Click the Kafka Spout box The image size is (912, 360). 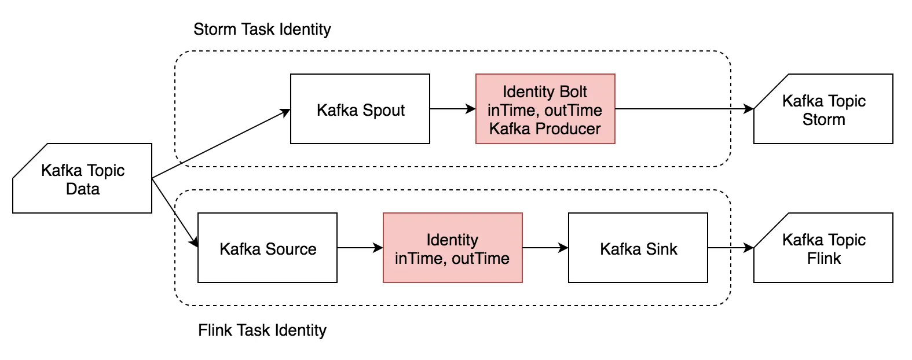tap(360, 109)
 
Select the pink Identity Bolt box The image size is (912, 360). tap(545, 109)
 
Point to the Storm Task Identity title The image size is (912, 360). tap(262, 29)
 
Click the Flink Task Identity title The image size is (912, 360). tap(262, 330)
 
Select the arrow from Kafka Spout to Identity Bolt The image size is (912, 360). tap(452, 109)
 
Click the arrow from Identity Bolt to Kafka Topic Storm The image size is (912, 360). tap(683, 109)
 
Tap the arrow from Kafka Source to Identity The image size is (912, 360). tap(359, 248)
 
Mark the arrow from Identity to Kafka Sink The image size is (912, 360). tap(544, 248)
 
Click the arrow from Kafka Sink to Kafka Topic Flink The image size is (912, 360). tap(730, 248)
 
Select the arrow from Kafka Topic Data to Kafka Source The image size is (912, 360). tap(175, 213)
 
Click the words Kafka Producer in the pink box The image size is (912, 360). tap(545, 128)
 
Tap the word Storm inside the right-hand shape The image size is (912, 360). tap(823, 119)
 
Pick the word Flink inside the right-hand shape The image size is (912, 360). tap(823, 258)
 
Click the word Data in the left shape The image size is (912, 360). tap(82, 189)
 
